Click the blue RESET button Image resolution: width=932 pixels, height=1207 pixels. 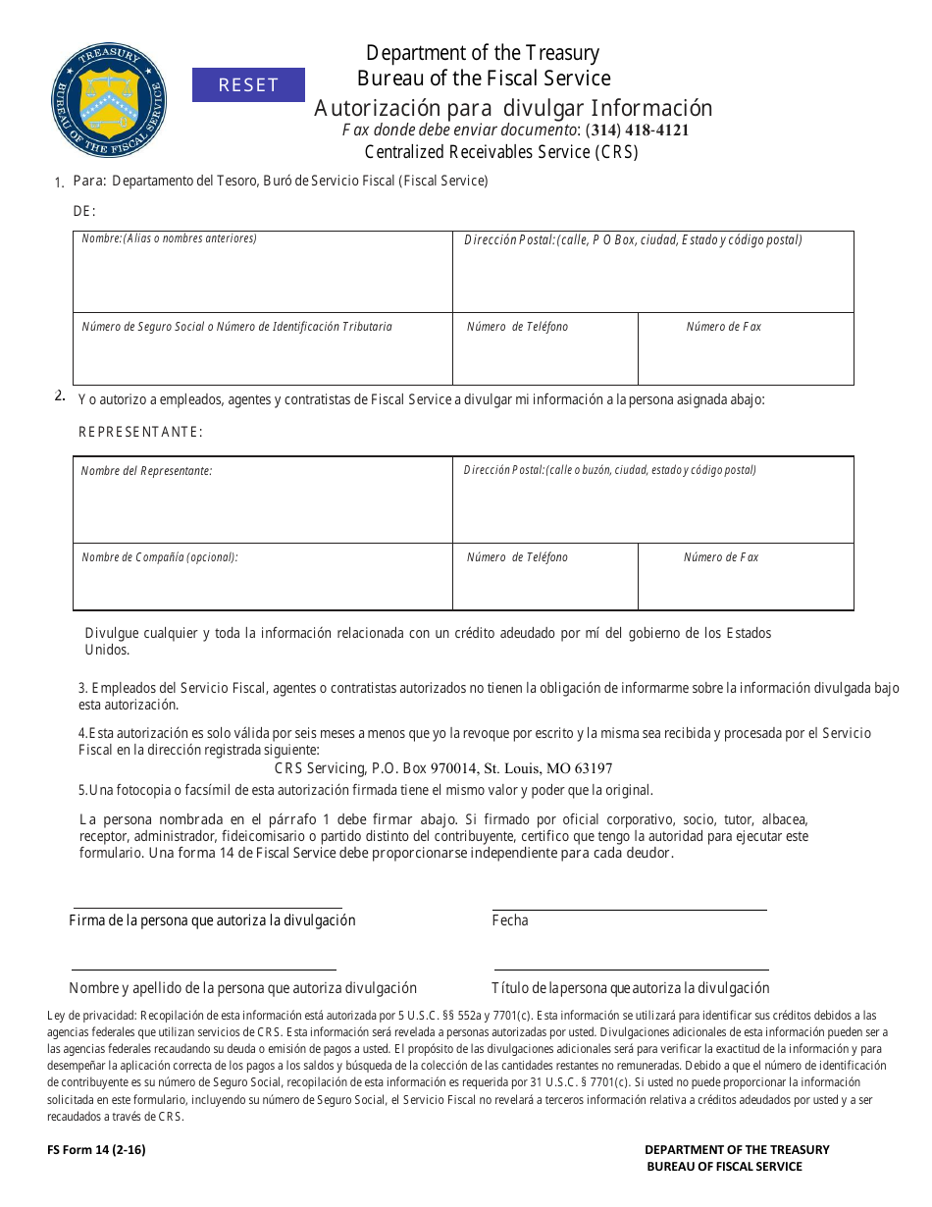[248, 85]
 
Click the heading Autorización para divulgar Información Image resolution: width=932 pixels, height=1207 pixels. [513, 108]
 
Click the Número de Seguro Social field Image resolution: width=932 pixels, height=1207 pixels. [262, 355]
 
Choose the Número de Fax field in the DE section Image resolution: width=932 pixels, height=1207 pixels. [746, 355]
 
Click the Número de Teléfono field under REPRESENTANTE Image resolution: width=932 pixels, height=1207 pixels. [544, 584]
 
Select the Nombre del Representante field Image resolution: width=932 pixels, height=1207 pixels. [262, 505]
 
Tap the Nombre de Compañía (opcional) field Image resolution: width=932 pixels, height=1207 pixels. [262, 584]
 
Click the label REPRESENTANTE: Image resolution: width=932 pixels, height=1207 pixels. [140, 432]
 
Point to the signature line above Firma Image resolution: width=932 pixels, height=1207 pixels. [207, 907]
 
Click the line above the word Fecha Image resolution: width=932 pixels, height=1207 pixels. [629, 909]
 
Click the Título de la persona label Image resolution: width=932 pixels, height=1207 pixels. [630, 988]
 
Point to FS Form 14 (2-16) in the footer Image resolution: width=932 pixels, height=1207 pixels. [96, 1149]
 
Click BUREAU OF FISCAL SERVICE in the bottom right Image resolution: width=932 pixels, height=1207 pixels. [724, 1167]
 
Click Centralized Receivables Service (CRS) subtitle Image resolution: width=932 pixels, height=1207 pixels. [501, 152]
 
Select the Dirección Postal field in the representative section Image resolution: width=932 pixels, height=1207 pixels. [652, 505]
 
